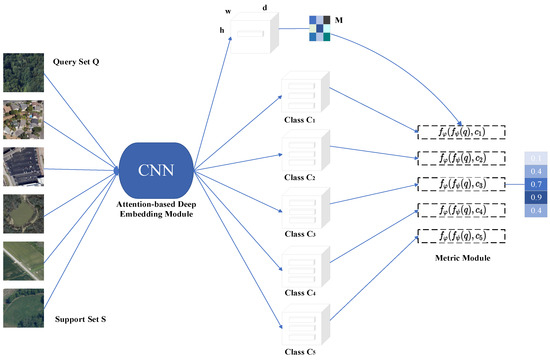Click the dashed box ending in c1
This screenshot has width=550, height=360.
pyautogui.click(x=459, y=131)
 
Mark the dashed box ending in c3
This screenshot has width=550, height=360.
pyautogui.click(x=459, y=183)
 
